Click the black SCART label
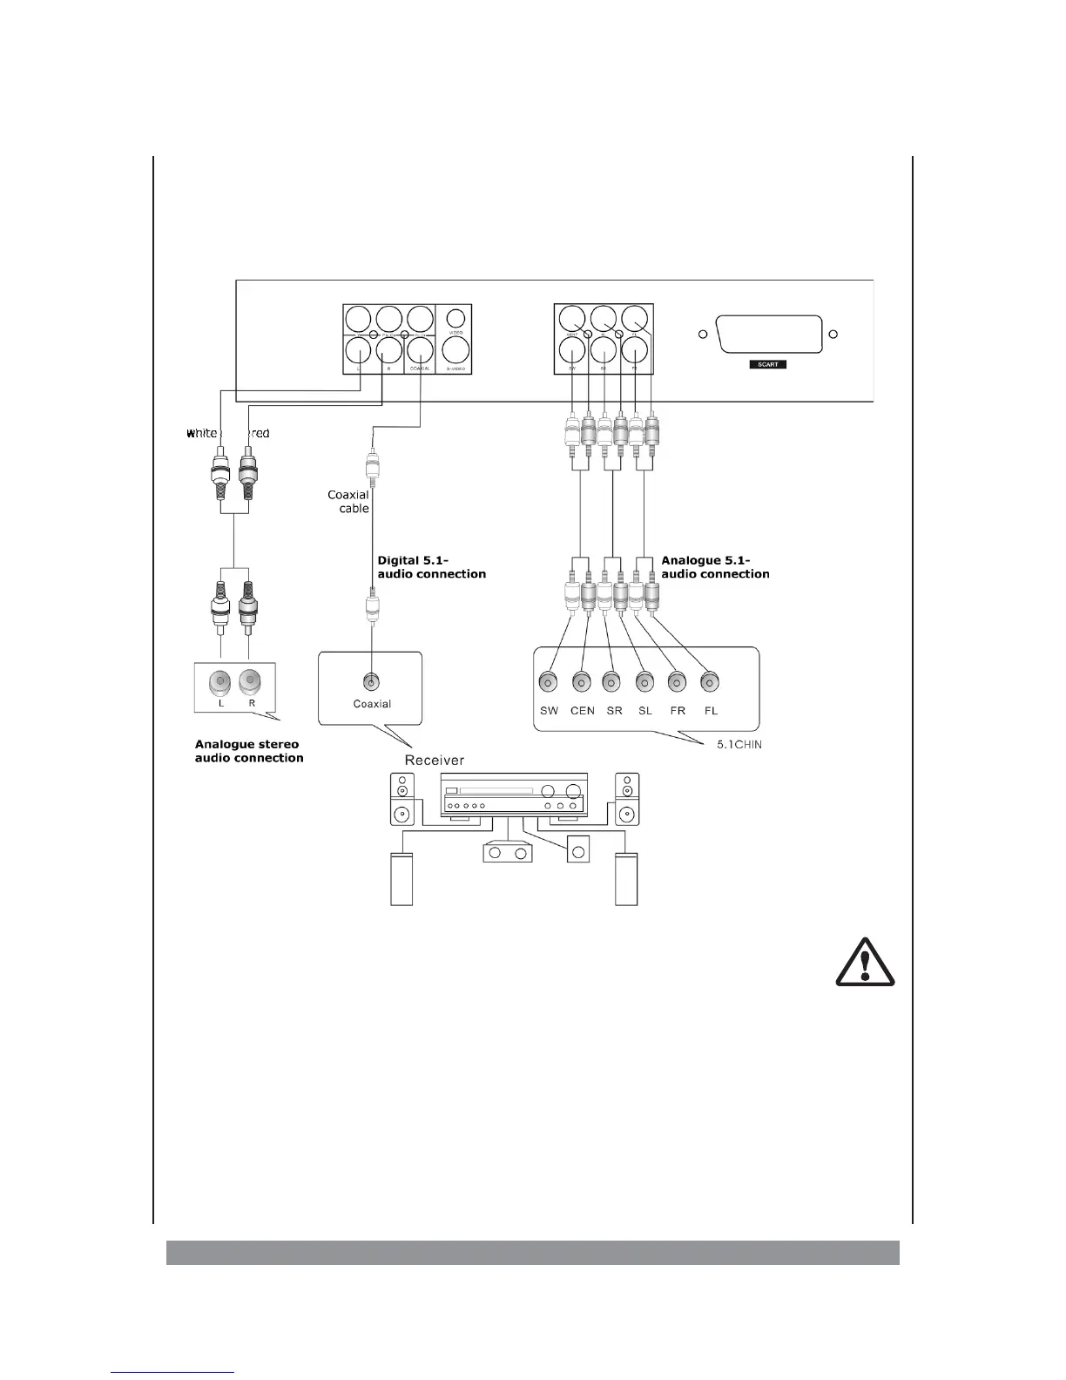(x=767, y=365)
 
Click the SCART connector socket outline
(x=767, y=335)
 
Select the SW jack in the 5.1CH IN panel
(x=550, y=681)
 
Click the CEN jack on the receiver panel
(x=582, y=681)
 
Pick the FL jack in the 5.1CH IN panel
(x=710, y=681)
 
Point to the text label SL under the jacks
(x=644, y=711)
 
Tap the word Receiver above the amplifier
(x=434, y=761)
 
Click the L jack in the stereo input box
(x=221, y=681)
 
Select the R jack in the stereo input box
(x=251, y=681)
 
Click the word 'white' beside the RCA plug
(x=201, y=433)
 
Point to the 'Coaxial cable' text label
(x=349, y=502)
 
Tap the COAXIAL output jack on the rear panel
(x=420, y=349)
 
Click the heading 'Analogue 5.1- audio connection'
(x=715, y=567)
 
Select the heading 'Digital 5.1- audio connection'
(x=431, y=567)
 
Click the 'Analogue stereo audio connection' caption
(x=249, y=751)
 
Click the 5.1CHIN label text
(x=733, y=745)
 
